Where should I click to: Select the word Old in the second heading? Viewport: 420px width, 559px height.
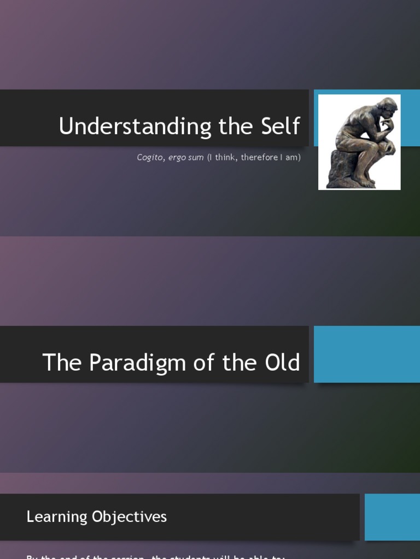coord(282,362)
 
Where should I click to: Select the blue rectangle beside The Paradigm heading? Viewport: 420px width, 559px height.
coord(366,354)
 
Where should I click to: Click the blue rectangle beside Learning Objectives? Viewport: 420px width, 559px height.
coord(392,517)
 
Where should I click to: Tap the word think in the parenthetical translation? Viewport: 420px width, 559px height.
coord(225,157)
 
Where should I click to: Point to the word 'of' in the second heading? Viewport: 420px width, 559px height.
coord(208,362)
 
